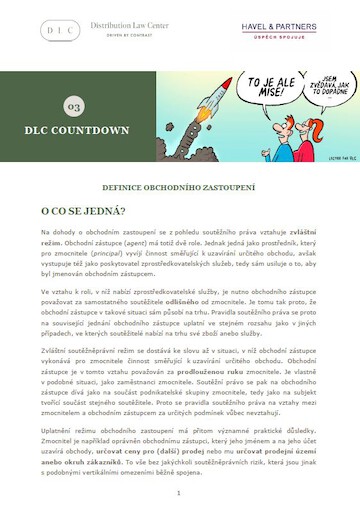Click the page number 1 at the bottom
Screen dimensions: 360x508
pos(178,492)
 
